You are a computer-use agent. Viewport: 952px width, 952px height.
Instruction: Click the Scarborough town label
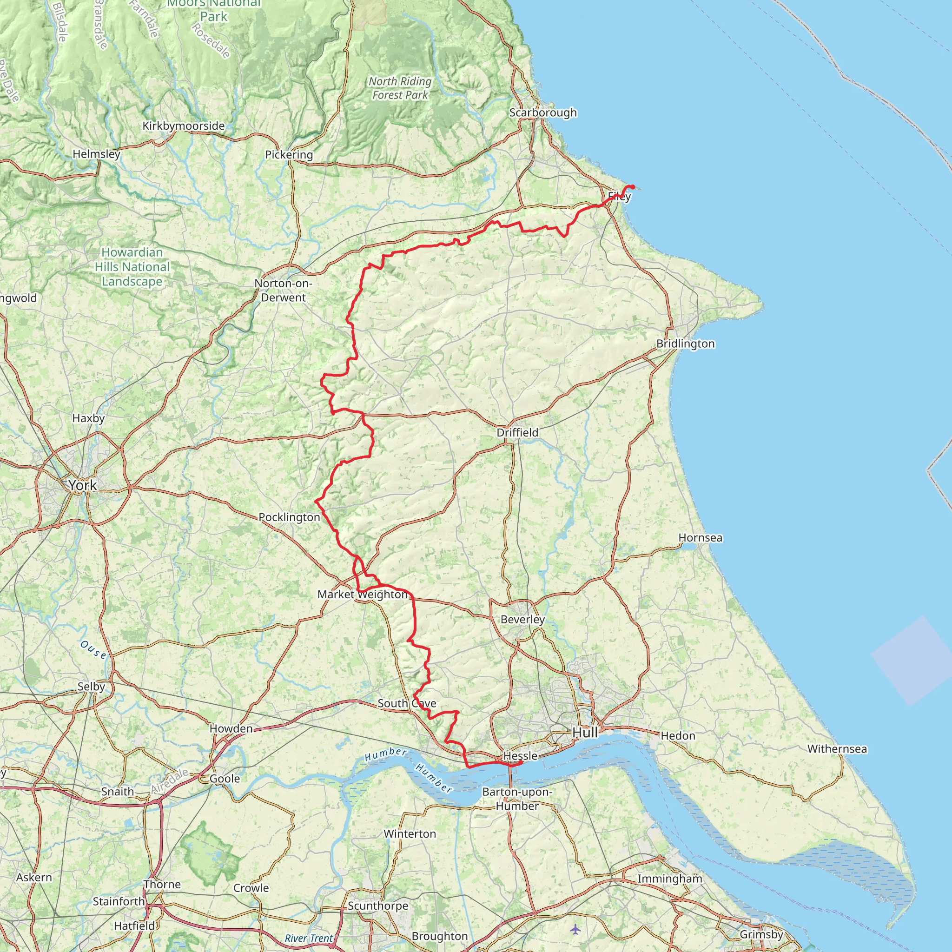pyautogui.click(x=542, y=112)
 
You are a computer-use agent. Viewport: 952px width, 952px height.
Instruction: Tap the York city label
pyautogui.click(x=83, y=485)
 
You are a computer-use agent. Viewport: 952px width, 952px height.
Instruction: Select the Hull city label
pyautogui.click(x=585, y=733)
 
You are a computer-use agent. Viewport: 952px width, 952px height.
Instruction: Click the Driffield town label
pyautogui.click(x=517, y=432)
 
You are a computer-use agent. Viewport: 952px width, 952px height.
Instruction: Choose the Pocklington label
pyautogui.click(x=289, y=517)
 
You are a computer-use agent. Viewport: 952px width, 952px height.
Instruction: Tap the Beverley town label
pyautogui.click(x=522, y=619)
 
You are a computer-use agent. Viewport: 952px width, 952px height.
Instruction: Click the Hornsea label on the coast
pyautogui.click(x=700, y=538)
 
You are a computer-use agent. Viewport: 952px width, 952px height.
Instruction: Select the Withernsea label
pyautogui.click(x=837, y=749)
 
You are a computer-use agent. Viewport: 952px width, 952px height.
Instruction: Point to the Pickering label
pyautogui.click(x=289, y=155)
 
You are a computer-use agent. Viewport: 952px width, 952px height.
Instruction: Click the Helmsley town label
pyautogui.click(x=96, y=154)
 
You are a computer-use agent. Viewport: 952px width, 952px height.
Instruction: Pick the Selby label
pyautogui.click(x=91, y=687)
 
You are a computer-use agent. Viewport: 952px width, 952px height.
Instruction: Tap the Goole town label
pyautogui.click(x=225, y=779)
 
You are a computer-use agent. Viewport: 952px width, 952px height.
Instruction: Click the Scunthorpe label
pyautogui.click(x=378, y=906)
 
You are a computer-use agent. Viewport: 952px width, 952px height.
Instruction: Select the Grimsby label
pyautogui.click(x=761, y=934)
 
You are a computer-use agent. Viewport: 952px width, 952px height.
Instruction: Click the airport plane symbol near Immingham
pyautogui.click(x=575, y=929)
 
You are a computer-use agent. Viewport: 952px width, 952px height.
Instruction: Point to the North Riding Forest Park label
pyautogui.click(x=400, y=88)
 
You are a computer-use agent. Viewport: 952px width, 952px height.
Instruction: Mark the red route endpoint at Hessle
pyautogui.click(x=521, y=762)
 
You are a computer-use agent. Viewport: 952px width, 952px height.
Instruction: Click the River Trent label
pyautogui.click(x=309, y=938)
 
